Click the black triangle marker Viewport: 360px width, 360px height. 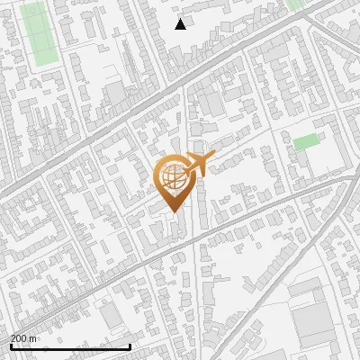pyautogui.click(x=181, y=24)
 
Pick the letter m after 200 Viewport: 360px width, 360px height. pyautogui.click(x=33, y=338)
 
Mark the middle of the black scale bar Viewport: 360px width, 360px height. pyautogui.click(x=70, y=346)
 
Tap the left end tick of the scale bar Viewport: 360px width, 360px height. pyautogui.click(x=10, y=345)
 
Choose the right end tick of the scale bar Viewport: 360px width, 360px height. pyautogui.click(x=130, y=345)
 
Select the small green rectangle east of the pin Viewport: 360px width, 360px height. pyautogui.click(x=306, y=141)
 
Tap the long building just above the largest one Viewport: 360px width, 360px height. pyautogui.click(x=307, y=288)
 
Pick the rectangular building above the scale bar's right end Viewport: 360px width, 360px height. pyautogui.click(x=113, y=316)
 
